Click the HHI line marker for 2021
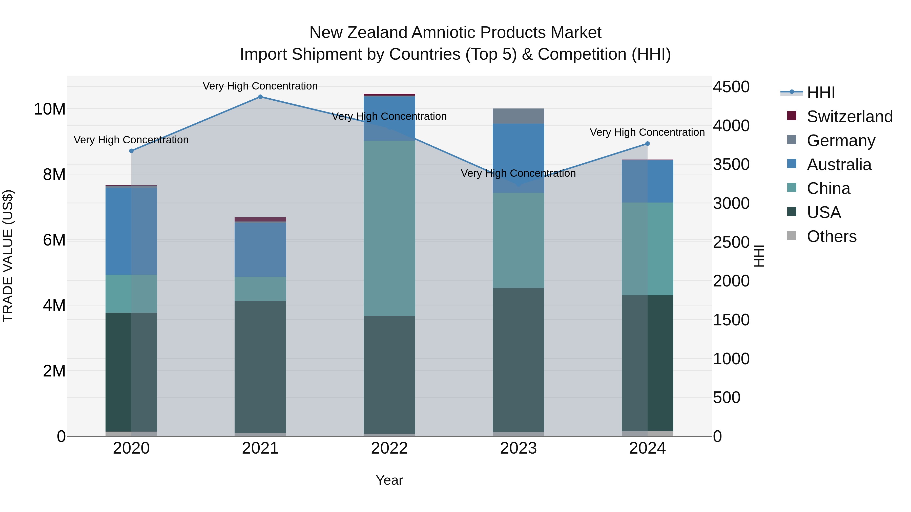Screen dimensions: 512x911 [x=260, y=97]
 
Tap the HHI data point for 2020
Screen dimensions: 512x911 [x=131, y=151]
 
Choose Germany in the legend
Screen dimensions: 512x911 [x=841, y=141]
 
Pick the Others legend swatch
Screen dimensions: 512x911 [x=792, y=236]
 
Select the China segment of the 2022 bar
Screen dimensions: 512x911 [x=389, y=228]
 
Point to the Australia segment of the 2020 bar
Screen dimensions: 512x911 [x=131, y=231]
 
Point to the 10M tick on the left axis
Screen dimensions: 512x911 [x=50, y=109]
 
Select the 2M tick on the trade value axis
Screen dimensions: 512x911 [x=54, y=371]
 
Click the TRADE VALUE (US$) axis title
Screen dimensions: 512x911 [x=8, y=256]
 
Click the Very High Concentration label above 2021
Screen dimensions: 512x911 [x=260, y=86]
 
